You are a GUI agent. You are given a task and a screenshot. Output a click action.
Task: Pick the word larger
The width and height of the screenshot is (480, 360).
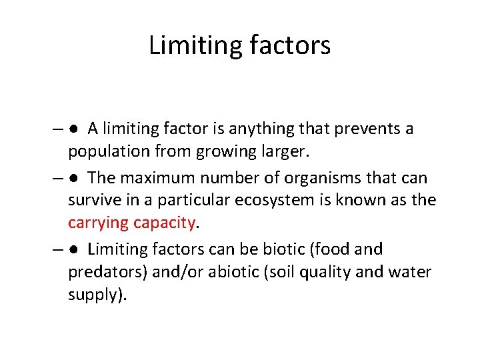(285, 151)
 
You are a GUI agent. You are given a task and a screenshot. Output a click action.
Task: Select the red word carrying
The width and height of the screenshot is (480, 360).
(97, 223)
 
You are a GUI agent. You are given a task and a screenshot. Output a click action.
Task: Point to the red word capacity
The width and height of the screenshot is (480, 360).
(165, 223)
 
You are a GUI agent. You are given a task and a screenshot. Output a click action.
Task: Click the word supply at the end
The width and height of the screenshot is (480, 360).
(91, 295)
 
